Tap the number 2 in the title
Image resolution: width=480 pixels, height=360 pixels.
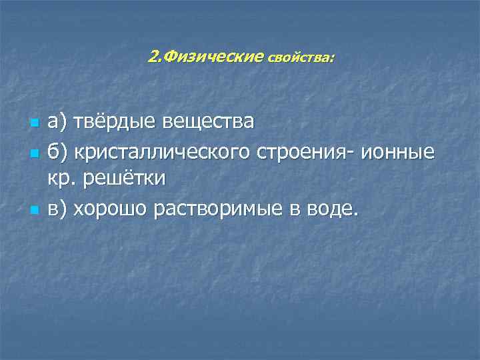pyautogui.click(x=153, y=57)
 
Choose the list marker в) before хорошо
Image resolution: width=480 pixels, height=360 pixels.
pyautogui.click(x=57, y=209)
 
